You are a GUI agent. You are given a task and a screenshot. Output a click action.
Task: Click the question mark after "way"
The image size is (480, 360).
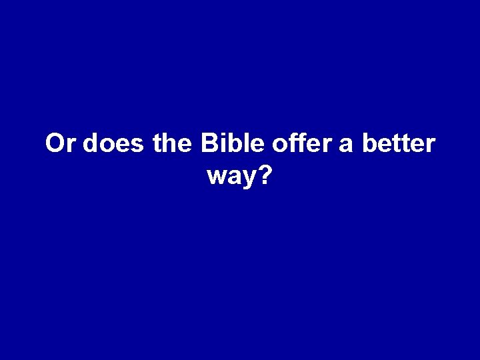(266, 175)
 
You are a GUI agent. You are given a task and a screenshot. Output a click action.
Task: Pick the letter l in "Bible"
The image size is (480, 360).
(243, 143)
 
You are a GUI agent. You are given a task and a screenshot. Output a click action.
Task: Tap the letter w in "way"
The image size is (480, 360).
(216, 177)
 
